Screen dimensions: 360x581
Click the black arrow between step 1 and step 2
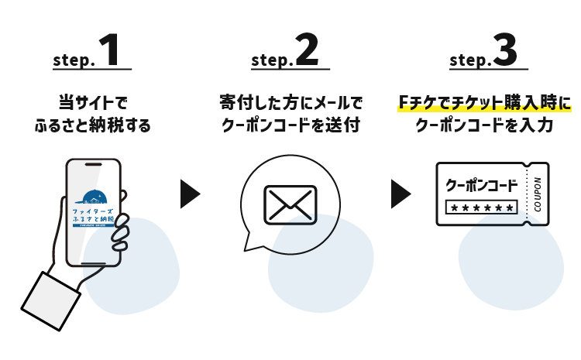pos(189,194)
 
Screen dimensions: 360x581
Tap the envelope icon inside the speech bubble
pos(290,204)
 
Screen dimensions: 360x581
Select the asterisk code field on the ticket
pos(481,207)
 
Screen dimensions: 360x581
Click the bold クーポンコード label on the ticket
pos(481,186)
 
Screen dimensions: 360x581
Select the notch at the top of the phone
pos(92,166)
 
